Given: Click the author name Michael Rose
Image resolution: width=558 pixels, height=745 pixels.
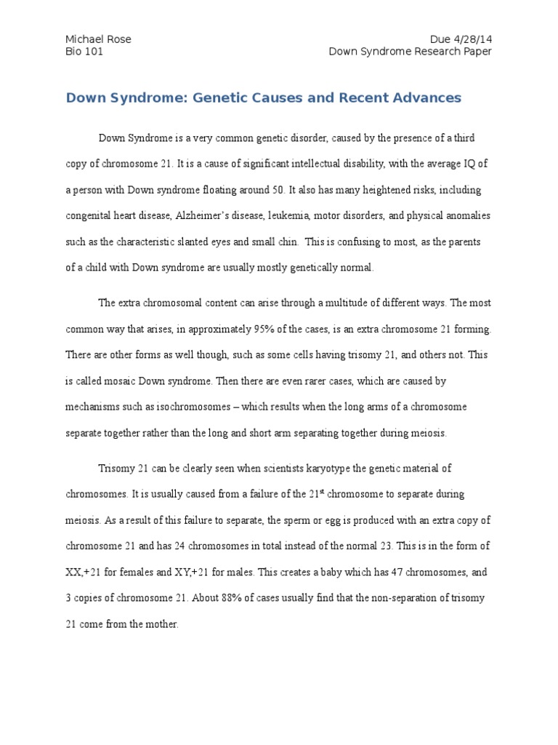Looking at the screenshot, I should (x=98, y=39).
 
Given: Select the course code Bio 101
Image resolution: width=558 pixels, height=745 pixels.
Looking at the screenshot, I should (x=84, y=52).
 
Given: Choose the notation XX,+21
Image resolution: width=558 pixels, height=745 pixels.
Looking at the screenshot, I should (x=86, y=573).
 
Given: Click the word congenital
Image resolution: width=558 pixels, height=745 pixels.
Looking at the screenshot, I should (x=92, y=215).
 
